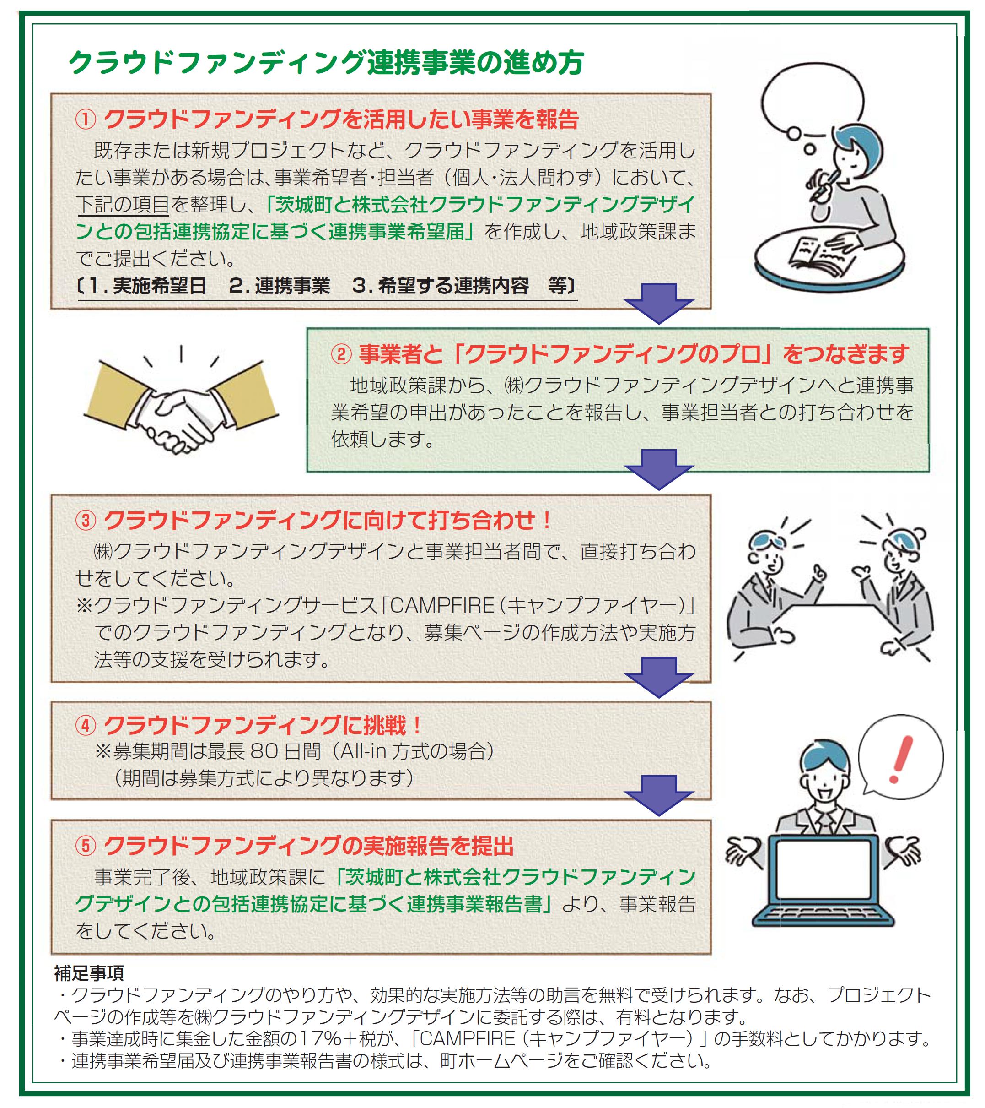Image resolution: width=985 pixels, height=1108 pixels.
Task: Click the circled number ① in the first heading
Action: (86, 120)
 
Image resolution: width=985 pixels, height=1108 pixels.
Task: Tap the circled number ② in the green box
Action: (341, 355)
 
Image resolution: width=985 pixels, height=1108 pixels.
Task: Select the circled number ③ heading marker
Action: (86, 521)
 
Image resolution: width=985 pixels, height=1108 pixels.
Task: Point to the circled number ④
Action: (86, 725)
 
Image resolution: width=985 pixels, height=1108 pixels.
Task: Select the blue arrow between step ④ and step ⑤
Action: (658, 795)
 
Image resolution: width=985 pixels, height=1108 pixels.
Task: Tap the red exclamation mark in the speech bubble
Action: (900, 759)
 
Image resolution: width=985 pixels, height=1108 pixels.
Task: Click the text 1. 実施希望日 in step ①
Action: (146, 286)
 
